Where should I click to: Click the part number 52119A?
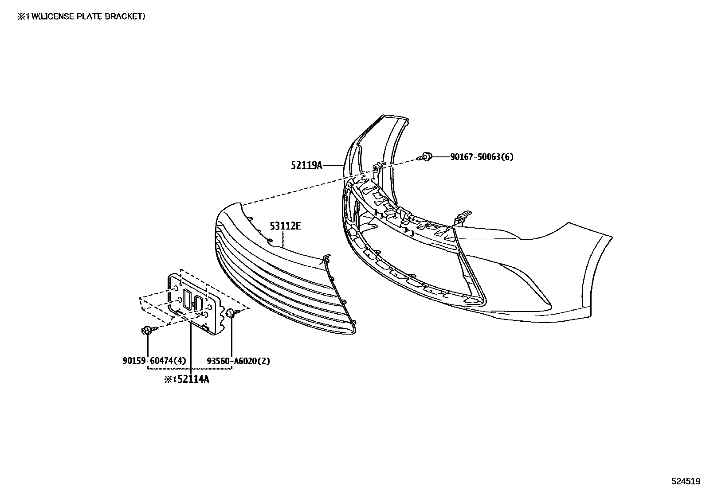pyautogui.click(x=306, y=165)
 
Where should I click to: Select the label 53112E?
pyautogui.click(x=285, y=226)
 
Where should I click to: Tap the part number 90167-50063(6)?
pyautogui.click(x=482, y=156)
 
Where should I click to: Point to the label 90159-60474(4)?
pyautogui.click(x=154, y=361)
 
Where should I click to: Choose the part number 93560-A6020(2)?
pyautogui.click(x=239, y=361)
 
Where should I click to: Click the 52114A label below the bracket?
pyautogui.click(x=193, y=379)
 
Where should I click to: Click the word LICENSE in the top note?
pyautogui.click(x=56, y=16)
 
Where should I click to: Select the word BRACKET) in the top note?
pyautogui.click(x=125, y=16)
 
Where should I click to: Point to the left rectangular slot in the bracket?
pyautogui.click(x=186, y=299)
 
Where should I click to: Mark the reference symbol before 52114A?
pyautogui.click(x=170, y=380)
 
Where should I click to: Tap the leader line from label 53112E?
pyautogui.click(x=283, y=239)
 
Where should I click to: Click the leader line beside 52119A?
pyautogui.click(x=333, y=165)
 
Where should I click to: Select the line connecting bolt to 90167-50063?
pyautogui.click(x=441, y=156)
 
